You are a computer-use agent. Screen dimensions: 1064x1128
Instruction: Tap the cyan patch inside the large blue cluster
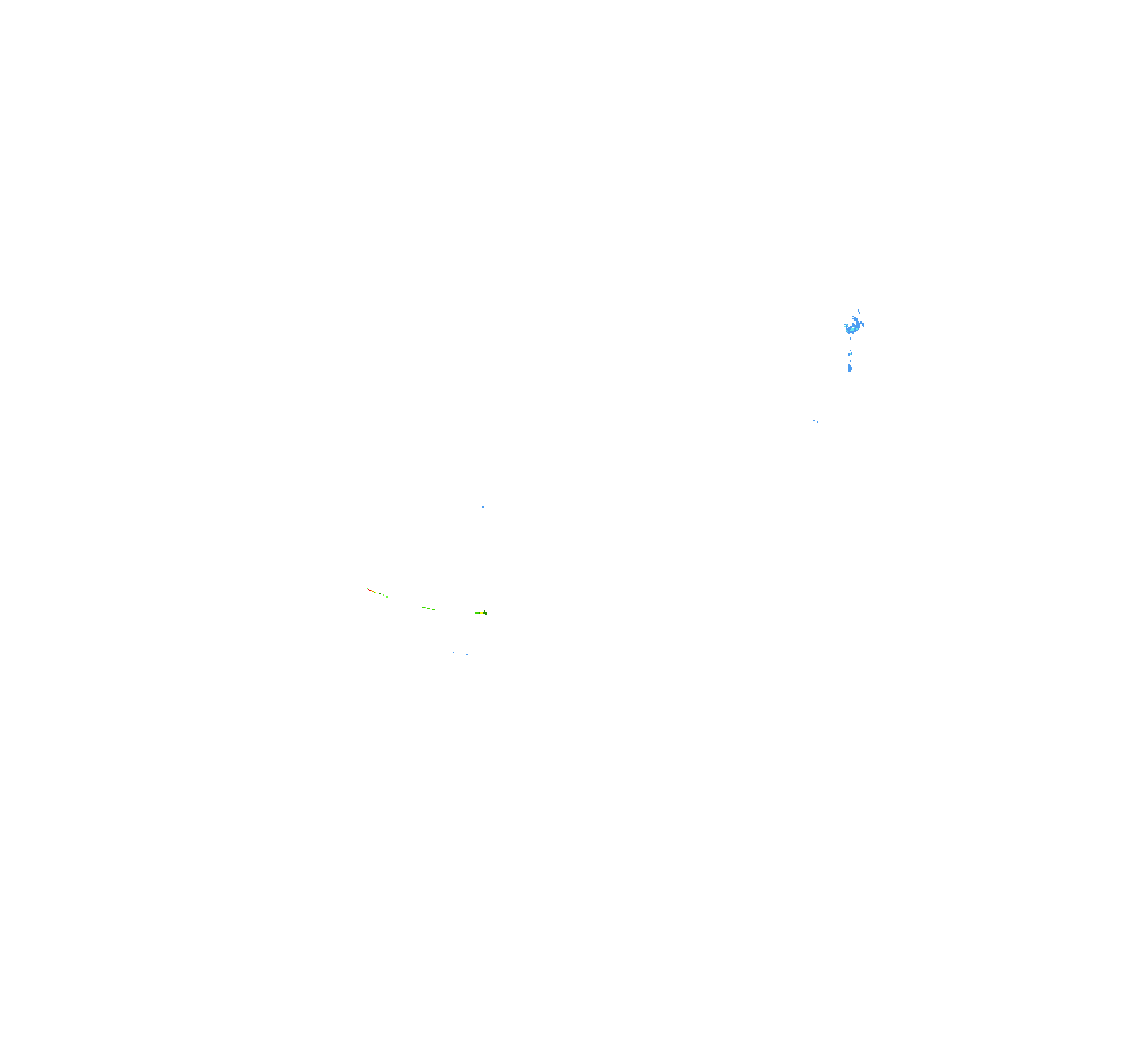coord(852,330)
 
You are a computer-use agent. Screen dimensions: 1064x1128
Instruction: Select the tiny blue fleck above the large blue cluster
coord(859,310)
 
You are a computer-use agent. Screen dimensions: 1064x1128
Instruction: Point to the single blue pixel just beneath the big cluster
coord(851,338)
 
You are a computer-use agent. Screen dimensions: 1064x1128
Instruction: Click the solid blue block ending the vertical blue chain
coord(850,368)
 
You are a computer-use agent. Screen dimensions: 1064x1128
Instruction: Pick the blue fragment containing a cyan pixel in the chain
coord(851,354)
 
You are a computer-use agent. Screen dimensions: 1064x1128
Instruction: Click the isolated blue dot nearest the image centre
coord(483,507)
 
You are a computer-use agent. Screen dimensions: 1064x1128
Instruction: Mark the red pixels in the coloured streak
coord(370,591)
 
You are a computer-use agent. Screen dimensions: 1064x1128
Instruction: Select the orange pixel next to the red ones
coord(373,592)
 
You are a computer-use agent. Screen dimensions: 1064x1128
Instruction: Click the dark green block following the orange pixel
coord(380,594)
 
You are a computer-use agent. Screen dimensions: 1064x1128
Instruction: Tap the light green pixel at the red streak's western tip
coord(368,589)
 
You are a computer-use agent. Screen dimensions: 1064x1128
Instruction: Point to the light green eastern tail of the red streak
coord(388,597)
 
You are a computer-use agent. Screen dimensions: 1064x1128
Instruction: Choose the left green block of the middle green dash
coord(424,608)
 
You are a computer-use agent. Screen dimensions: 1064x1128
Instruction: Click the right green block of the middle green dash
coord(434,609)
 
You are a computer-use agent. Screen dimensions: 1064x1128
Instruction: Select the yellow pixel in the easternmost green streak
coord(482,613)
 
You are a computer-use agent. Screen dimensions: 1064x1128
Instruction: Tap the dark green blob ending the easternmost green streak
coord(486,613)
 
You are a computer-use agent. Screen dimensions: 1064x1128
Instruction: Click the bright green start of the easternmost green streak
coord(477,613)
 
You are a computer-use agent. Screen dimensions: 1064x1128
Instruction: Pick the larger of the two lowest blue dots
coord(467,654)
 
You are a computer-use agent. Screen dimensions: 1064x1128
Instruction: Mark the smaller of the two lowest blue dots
coord(453,652)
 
